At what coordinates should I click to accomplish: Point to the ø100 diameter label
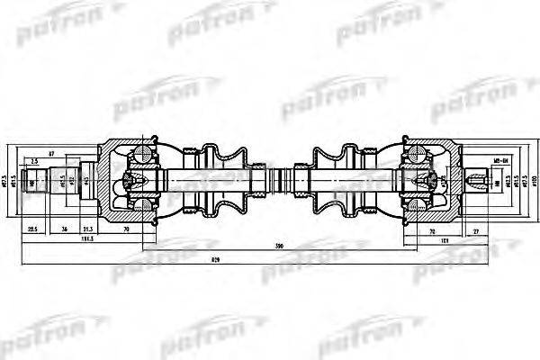point(533,183)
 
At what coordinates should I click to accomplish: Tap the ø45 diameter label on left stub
point(86,181)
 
